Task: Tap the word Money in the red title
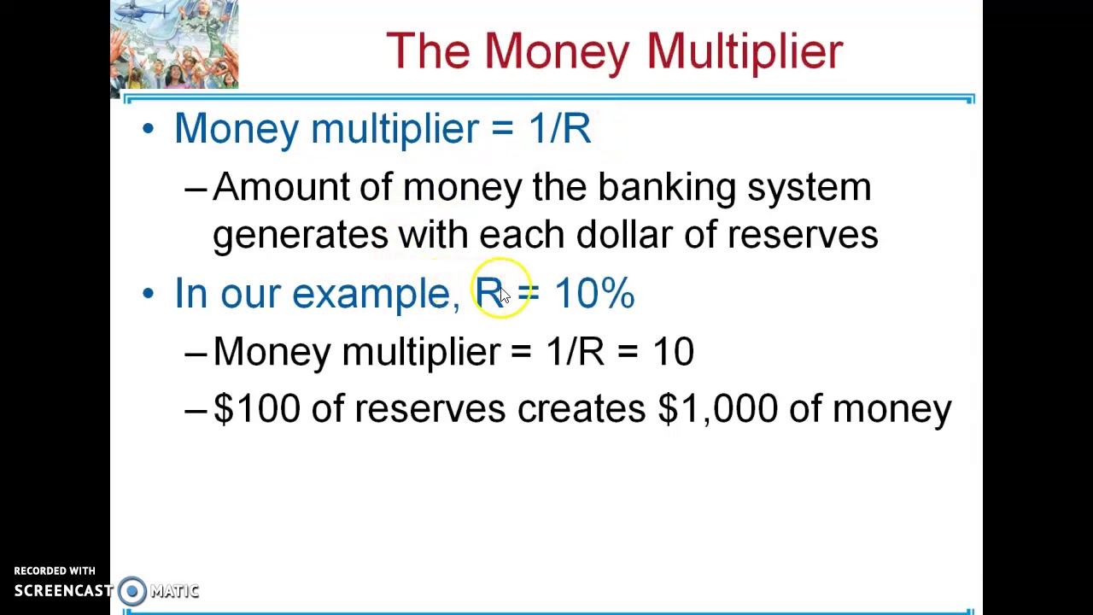pos(558,51)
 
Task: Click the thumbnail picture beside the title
pos(174,44)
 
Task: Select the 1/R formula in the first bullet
pos(559,129)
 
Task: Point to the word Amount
pos(281,187)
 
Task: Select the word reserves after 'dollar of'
pos(803,235)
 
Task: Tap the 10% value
pos(594,293)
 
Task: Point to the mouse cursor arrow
pos(504,295)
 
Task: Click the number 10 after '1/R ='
pos(673,351)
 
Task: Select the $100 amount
pos(256,408)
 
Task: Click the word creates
pos(581,408)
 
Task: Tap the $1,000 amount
pos(717,408)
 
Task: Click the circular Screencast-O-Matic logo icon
pos(132,590)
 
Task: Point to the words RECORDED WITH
pos(55,571)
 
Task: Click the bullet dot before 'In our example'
pos(149,293)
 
